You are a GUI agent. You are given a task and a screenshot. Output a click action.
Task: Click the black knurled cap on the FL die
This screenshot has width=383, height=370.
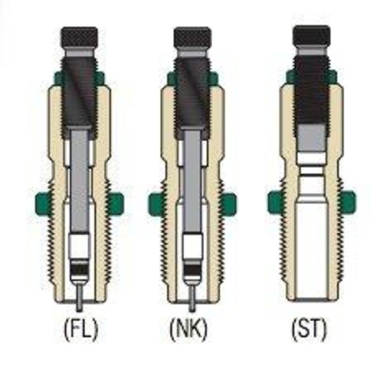(78, 36)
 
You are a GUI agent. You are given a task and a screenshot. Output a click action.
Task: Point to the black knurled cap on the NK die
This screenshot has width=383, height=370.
(192, 36)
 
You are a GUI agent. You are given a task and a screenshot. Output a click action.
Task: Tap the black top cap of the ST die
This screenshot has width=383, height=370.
(312, 34)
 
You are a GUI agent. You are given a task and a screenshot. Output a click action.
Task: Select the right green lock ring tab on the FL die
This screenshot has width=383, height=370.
(116, 203)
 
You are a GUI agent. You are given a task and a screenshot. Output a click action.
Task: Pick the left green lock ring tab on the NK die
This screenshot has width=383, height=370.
(155, 203)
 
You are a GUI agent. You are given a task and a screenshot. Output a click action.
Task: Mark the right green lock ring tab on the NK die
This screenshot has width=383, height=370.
(229, 203)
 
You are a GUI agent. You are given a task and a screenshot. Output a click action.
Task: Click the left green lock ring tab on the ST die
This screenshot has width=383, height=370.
(274, 203)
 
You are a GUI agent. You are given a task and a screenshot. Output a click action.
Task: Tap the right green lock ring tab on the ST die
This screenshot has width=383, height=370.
(349, 203)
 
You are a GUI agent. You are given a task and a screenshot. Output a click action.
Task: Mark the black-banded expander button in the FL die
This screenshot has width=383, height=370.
(78, 269)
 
